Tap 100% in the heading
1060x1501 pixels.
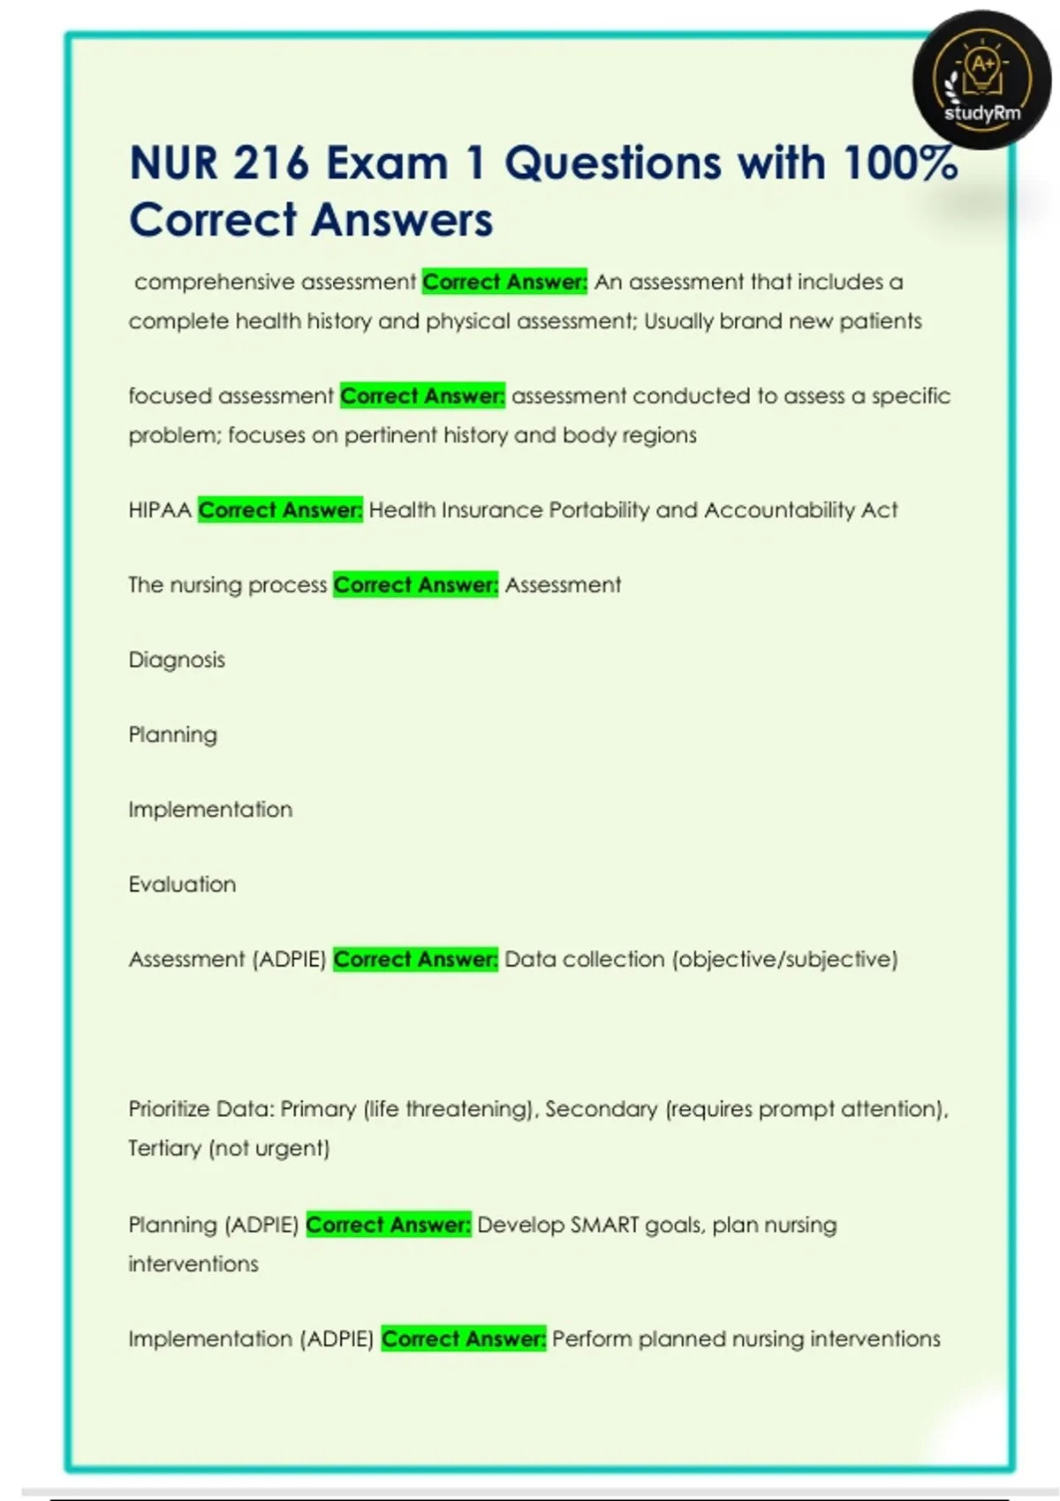(x=900, y=163)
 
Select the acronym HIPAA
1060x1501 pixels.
(x=159, y=510)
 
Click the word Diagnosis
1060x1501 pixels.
(x=177, y=660)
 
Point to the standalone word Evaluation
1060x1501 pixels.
(x=182, y=885)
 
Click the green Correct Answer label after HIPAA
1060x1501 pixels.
(x=280, y=510)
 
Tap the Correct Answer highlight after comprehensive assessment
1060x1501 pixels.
(x=504, y=283)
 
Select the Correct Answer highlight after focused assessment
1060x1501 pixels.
(x=422, y=396)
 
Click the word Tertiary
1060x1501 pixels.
(x=164, y=1149)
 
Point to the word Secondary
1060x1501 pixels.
(x=601, y=1110)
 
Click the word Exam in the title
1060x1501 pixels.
(x=387, y=163)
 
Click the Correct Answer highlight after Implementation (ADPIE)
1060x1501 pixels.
(x=464, y=1339)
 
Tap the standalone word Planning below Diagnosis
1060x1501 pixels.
(x=172, y=735)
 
